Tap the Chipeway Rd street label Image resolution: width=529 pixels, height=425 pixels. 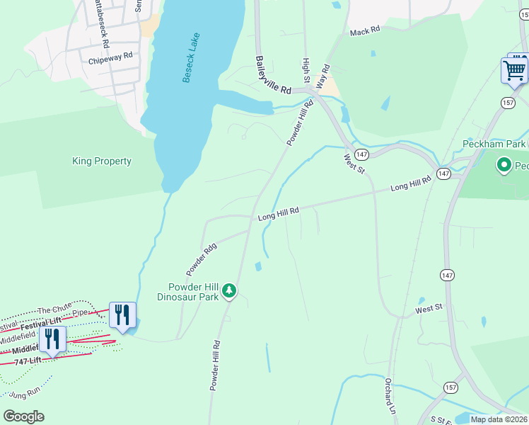tap(110, 58)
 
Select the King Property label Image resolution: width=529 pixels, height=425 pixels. tap(102, 161)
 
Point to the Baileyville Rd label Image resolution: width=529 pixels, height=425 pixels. tap(273, 76)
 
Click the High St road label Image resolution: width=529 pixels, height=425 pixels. tap(306, 69)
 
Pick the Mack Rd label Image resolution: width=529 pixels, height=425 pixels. tap(365, 31)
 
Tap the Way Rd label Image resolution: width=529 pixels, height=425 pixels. tap(324, 76)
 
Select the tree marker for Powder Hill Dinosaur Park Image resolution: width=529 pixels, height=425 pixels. tap(228, 290)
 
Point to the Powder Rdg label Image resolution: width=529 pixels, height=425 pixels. tap(201, 259)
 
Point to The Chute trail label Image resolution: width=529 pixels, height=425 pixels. tap(54, 310)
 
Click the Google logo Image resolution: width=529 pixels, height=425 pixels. tap(23, 416)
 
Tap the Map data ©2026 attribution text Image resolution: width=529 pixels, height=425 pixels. tap(499, 419)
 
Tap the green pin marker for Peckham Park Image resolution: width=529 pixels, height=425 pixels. tap(504, 166)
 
